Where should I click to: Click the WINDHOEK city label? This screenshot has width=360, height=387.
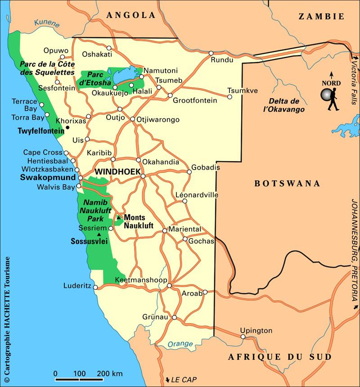tap(117, 171)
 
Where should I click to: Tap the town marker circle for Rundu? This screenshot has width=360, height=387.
tap(211, 53)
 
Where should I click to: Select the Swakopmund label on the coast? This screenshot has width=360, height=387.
tap(49, 177)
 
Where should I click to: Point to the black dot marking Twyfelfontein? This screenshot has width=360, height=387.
tap(67, 128)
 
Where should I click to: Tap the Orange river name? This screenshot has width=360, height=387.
tap(180, 344)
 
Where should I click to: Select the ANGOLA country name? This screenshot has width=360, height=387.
tap(130, 15)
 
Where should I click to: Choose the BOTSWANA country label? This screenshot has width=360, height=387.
tap(287, 183)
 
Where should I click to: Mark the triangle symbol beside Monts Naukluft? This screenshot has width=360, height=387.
tap(119, 218)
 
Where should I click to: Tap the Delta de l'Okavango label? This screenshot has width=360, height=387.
tap(284, 105)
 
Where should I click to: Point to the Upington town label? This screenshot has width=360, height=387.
tap(256, 330)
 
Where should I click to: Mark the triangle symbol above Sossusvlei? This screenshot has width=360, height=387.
tap(99, 234)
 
